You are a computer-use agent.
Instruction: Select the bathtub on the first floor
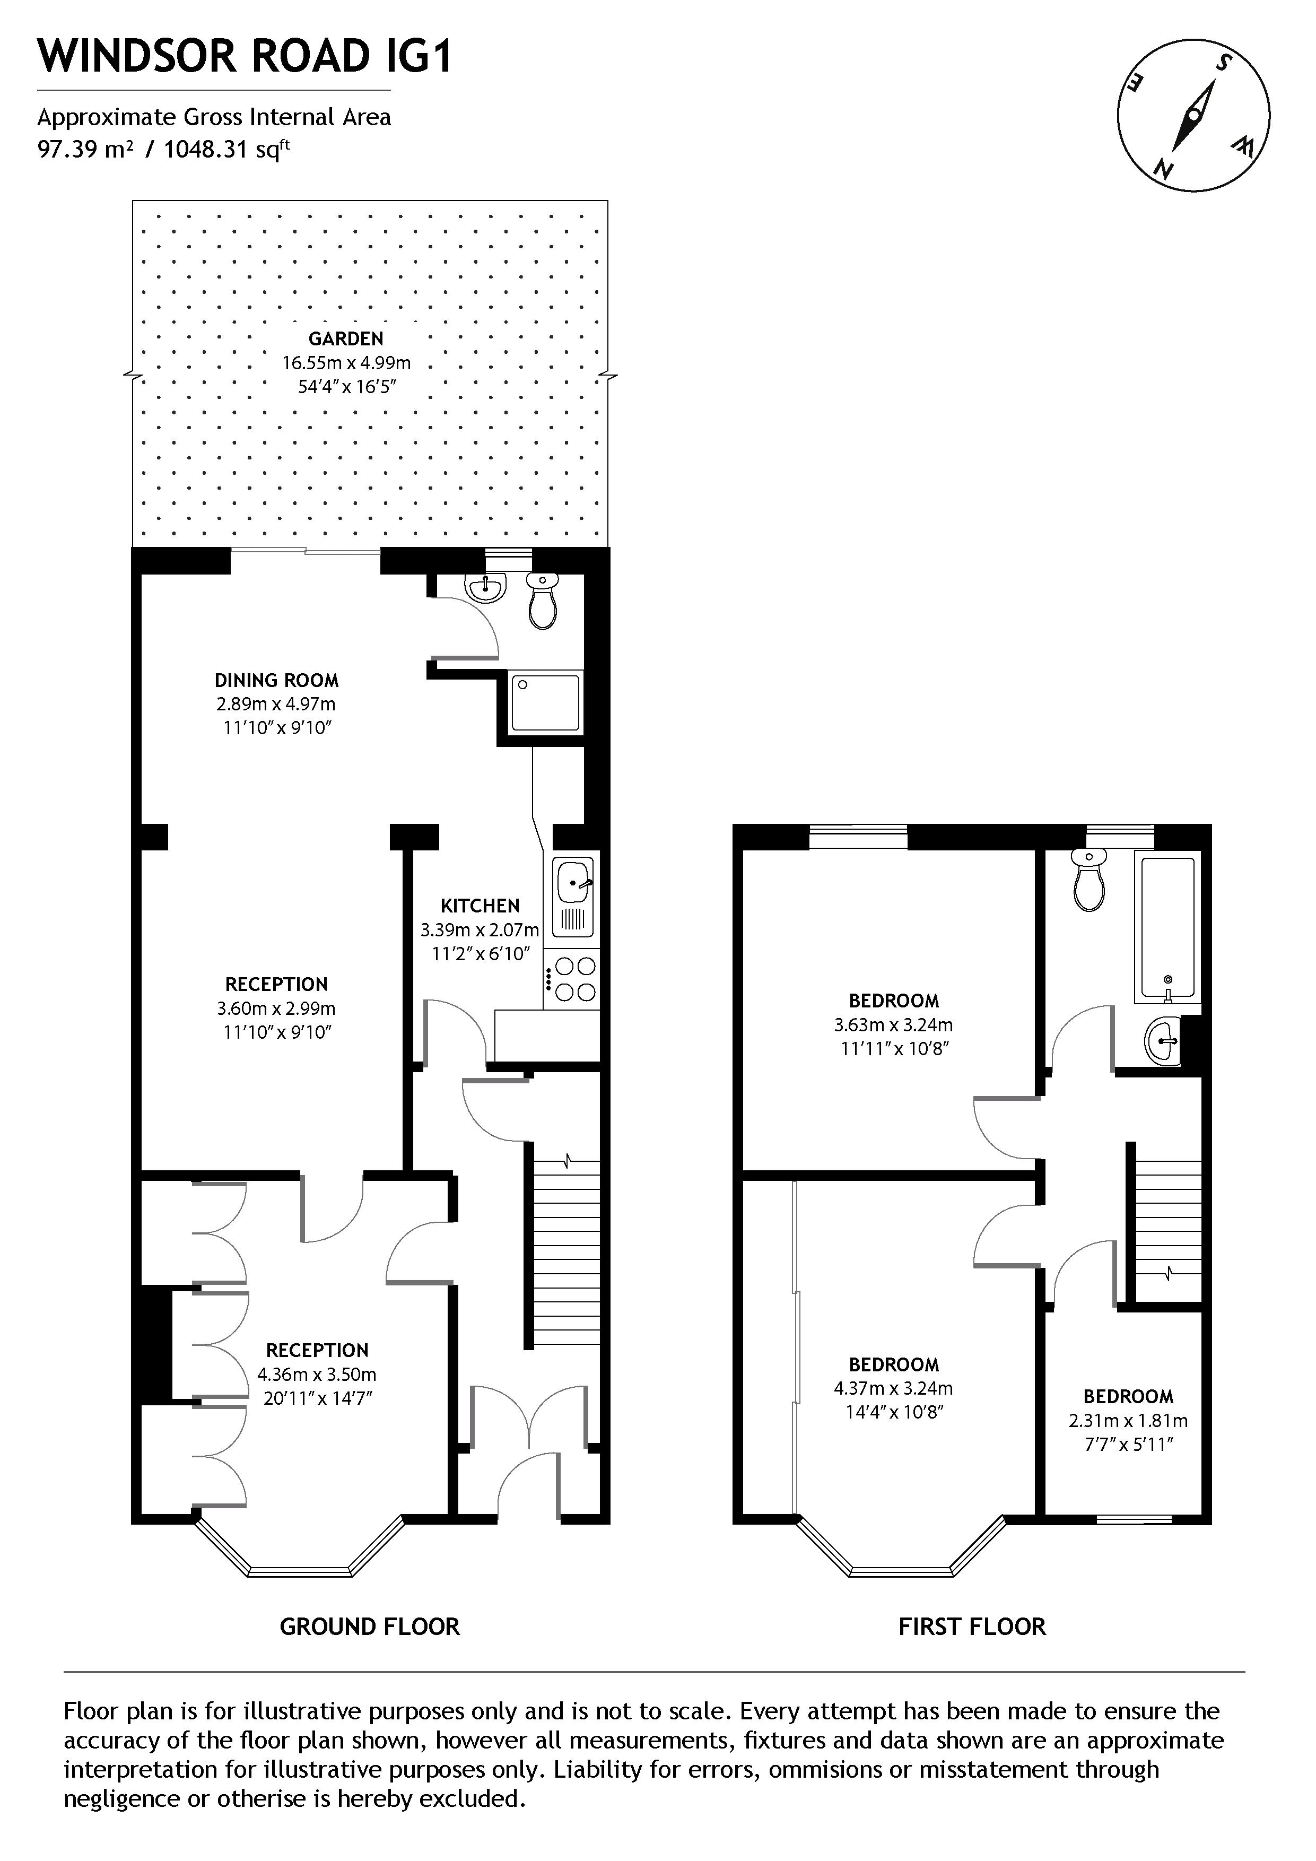[x=1167, y=926]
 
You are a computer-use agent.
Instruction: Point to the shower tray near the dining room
[x=545, y=702]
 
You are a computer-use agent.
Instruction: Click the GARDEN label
[x=345, y=339]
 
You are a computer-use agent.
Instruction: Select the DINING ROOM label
[x=276, y=680]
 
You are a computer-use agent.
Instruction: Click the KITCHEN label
[x=480, y=906]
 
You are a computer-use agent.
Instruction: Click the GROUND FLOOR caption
[x=370, y=1625]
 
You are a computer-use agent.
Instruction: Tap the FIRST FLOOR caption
[x=972, y=1625]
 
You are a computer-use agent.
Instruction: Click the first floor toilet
[x=1089, y=880]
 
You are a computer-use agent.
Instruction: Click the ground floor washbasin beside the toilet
[x=486, y=586]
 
